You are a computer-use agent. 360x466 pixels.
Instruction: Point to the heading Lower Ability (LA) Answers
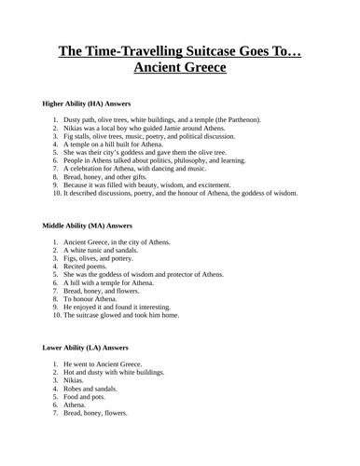[88, 347]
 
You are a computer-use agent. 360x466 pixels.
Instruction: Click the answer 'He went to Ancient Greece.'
[108, 363]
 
